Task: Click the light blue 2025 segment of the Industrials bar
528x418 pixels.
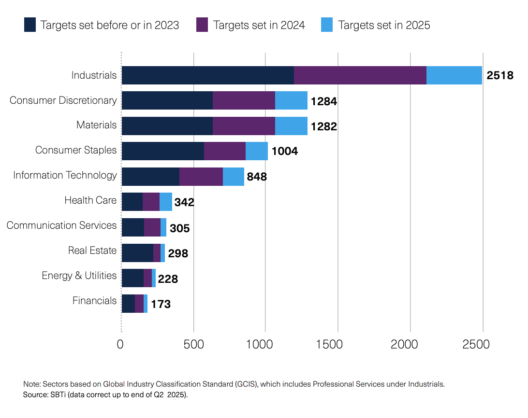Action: pos(454,75)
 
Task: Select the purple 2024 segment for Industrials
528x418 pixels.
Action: pos(360,75)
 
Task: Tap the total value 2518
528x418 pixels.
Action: pos(499,76)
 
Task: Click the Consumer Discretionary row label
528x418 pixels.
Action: pos(63,100)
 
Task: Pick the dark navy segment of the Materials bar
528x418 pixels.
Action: pos(167,125)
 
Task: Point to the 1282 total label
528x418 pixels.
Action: pos(323,127)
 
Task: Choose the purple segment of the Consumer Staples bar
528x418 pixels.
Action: pos(224,151)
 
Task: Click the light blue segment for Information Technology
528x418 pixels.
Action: pos(233,176)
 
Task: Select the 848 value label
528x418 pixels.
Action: pos(257,177)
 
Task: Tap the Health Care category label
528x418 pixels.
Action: pos(90,200)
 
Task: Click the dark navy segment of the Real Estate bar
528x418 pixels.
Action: pos(137,252)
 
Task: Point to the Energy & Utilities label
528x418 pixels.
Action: pos(79,276)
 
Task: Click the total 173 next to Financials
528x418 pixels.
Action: pos(161,305)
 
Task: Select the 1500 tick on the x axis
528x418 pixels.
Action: pos(337,345)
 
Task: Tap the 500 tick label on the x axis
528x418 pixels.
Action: pos(193,345)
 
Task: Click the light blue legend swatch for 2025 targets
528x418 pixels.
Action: pos(327,25)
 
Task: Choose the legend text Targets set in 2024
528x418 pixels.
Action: pos(259,25)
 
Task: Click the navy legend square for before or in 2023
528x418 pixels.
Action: pos(30,25)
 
